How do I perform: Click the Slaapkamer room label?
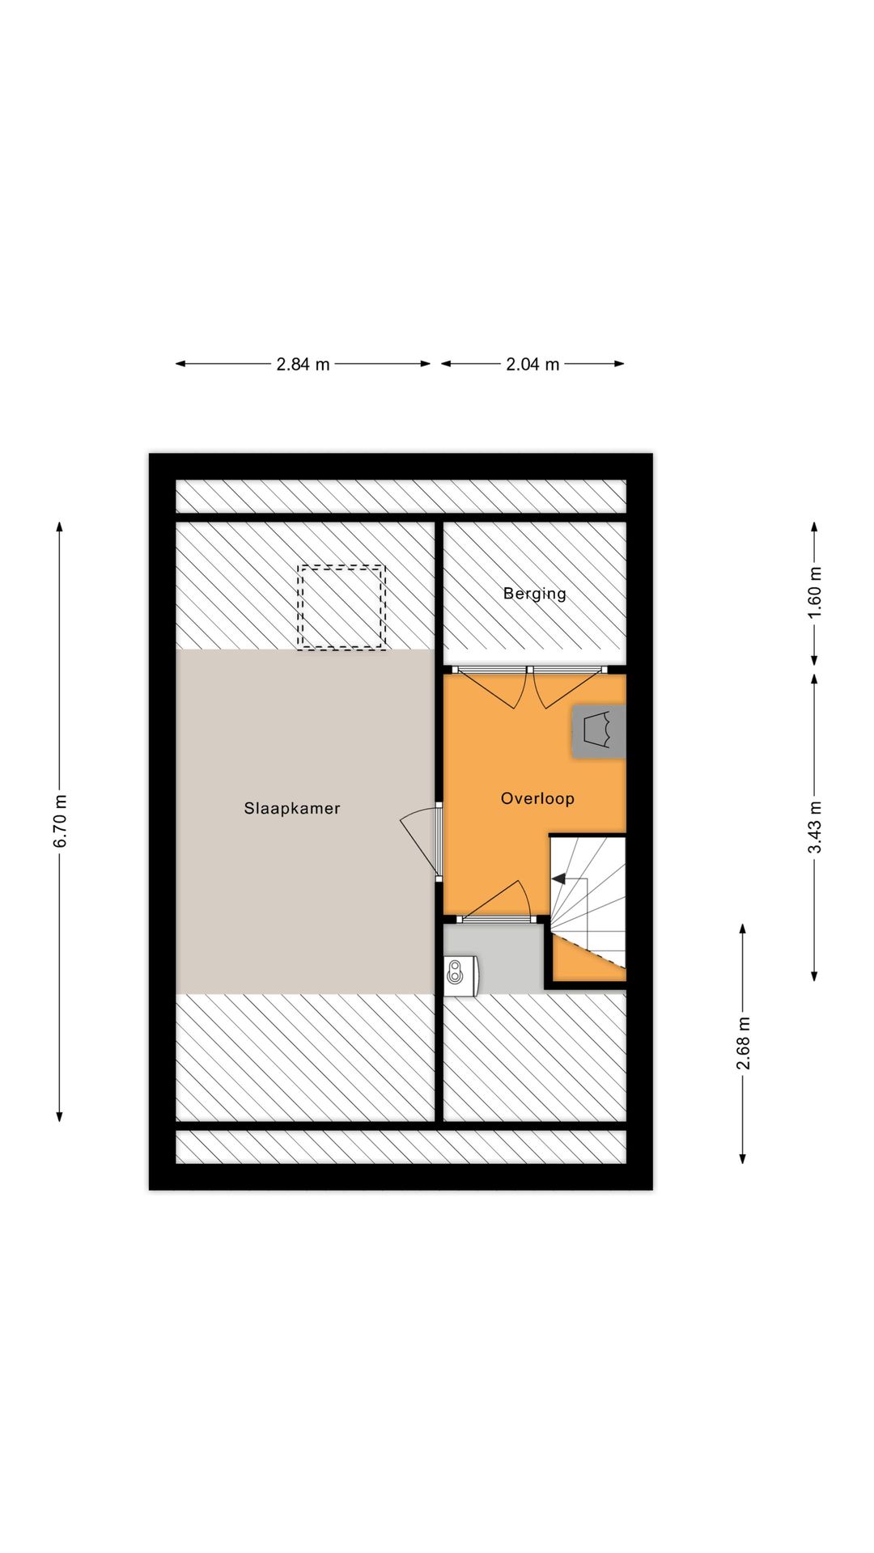pyautogui.click(x=292, y=808)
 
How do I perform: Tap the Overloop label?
pyautogui.click(x=537, y=798)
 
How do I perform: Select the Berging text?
pyautogui.click(x=534, y=593)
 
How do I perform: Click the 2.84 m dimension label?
pyautogui.click(x=303, y=364)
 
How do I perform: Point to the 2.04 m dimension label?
pyautogui.click(x=532, y=364)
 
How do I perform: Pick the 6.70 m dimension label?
pyautogui.click(x=60, y=822)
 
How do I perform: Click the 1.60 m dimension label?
pyautogui.click(x=815, y=592)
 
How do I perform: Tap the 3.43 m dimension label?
pyautogui.click(x=815, y=827)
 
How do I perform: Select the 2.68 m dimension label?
pyautogui.click(x=743, y=1043)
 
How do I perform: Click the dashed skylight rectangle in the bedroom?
pyautogui.click(x=341, y=607)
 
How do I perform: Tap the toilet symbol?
pyautogui.click(x=460, y=974)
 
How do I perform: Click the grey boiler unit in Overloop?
pyautogui.click(x=599, y=731)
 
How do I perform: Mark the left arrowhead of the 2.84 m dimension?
pyautogui.click(x=180, y=364)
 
